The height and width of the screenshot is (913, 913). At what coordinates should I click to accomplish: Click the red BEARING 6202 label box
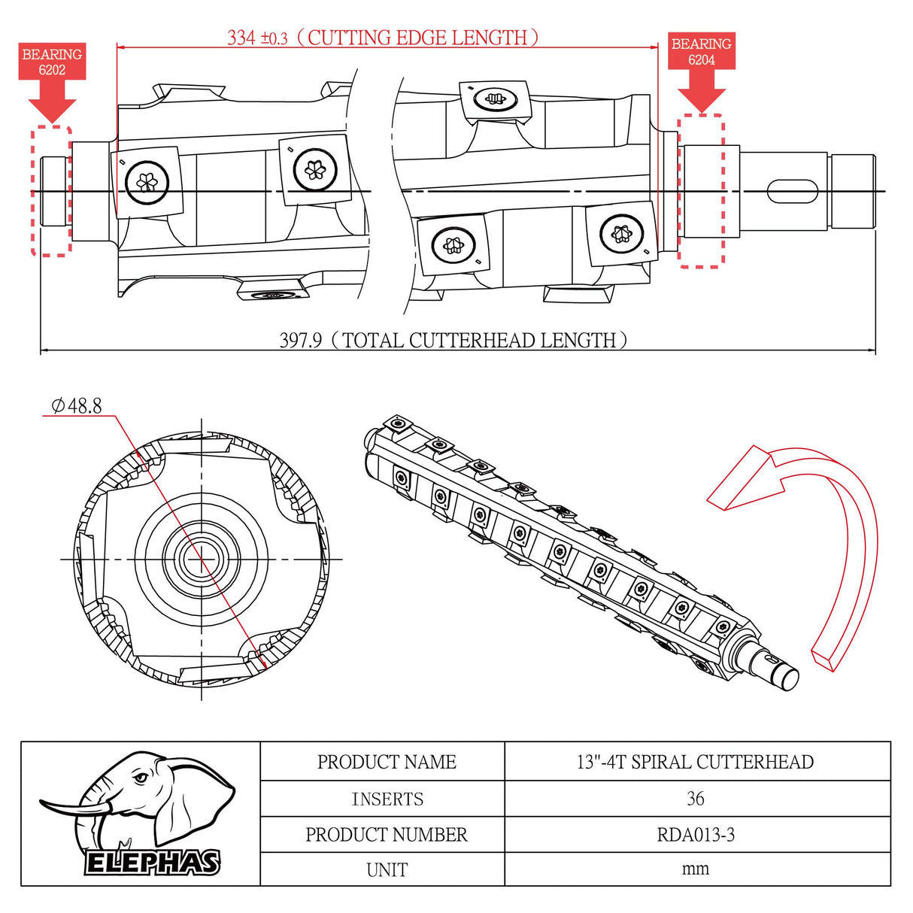[x=52, y=62]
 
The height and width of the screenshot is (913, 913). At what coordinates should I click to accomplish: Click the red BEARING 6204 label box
[x=701, y=51]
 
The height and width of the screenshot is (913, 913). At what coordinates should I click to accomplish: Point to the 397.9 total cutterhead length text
[x=453, y=341]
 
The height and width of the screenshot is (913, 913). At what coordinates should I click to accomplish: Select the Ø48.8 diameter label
[x=77, y=406]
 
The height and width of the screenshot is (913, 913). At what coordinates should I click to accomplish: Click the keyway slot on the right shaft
[x=792, y=191]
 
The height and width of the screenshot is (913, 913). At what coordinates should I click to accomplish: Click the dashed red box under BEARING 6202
[x=51, y=191]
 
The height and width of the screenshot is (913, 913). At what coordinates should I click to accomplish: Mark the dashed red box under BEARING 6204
[x=701, y=191]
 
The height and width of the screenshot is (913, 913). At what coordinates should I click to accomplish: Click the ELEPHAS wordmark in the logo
[x=153, y=863]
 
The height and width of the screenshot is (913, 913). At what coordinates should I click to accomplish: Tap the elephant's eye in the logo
[x=141, y=778]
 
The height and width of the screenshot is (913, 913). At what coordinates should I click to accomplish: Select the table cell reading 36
[x=696, y=799]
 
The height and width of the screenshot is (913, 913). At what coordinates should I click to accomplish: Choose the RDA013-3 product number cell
[x=696, y=835]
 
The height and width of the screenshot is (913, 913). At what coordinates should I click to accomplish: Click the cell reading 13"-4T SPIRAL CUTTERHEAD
[x=696, y=762]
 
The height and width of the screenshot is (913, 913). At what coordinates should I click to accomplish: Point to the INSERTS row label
[x=387, y=799]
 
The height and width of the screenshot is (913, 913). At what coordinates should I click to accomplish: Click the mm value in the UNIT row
[x=696, y=869]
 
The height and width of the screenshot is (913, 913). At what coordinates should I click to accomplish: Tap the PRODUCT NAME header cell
[x=387, y=762]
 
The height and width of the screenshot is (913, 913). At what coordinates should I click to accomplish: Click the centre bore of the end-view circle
[x=202, y=559]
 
